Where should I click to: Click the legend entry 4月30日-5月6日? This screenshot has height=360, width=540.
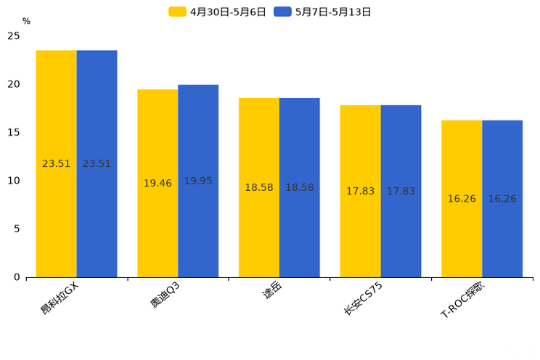click(x=218, y=12)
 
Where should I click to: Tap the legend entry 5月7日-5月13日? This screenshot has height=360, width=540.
click(x=323, y=12)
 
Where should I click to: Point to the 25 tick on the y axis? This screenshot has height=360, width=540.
click(x=14, y=36)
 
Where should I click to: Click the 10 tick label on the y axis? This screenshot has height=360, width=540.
click(x=14, y=181)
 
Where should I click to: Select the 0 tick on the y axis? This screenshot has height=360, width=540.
click(x=17, y=277)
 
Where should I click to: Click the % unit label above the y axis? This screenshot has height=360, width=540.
click(x=26, y=22)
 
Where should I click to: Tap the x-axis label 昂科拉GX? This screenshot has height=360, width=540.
click(x=60, y=298)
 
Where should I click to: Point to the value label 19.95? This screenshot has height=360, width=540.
click(x=198, y=181)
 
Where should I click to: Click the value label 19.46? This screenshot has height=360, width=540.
click(x=157, y=184)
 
